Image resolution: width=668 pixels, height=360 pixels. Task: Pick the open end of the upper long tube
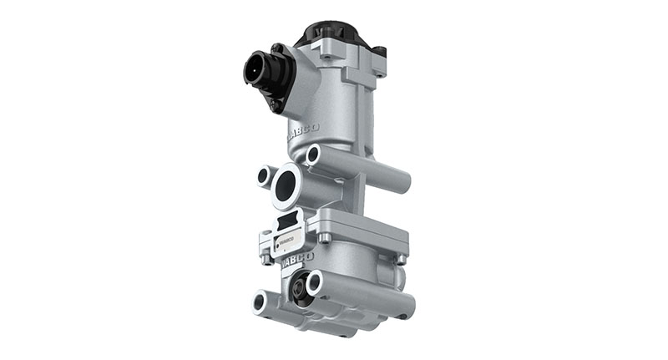coord(313,155)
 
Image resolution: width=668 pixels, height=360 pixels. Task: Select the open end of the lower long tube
coord(316,284)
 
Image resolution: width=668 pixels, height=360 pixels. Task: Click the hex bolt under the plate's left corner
coord(266,257)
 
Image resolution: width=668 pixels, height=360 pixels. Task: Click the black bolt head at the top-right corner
coord(379,52)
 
